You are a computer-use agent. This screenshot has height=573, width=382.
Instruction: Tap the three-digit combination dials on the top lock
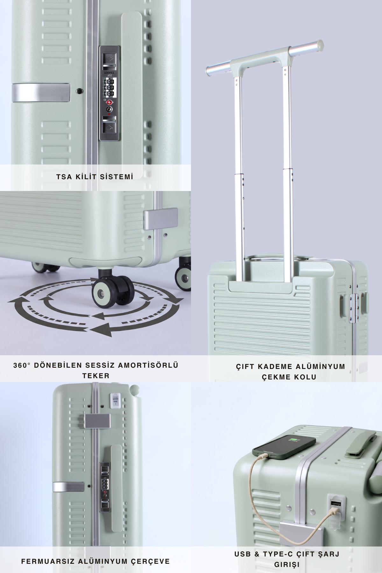pyautogui.click(x=109, y=87)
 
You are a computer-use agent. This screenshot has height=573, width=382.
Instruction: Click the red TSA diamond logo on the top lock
pyautogui.click(x=109, y=102)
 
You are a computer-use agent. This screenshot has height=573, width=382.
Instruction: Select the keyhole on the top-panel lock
pyautogui.click(x=109, y=109)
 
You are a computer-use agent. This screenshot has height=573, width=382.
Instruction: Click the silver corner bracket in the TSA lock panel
pyautogui.click(x=41, y=93)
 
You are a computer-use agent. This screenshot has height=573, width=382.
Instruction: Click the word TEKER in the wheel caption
pyautogui.click(x=96, y=376)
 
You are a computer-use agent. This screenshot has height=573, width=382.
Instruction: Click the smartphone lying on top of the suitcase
pyautogui.click(x=284, y=446)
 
